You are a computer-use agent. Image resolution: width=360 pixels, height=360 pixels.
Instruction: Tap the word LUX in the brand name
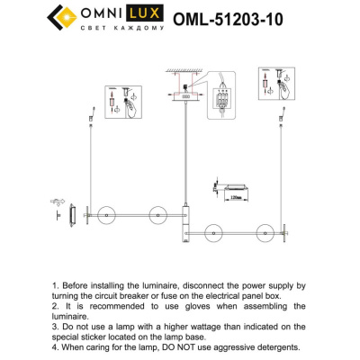click(142, 13)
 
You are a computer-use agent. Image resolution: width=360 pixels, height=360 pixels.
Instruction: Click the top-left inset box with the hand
click(122, 100)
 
